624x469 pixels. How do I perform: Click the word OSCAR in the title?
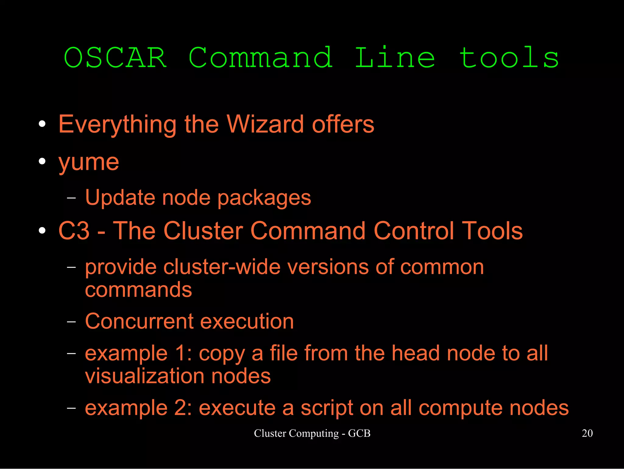(x=115, y=58)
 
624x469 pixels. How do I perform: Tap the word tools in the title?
(x=509, y=58)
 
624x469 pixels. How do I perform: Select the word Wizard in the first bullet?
(x=265, y=124)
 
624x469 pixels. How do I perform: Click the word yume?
(x=89, y=162)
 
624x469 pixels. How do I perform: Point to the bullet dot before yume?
(x=42, y=161)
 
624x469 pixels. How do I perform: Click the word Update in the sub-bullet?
(x=120, y=198)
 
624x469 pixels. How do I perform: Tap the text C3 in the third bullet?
(x=74, y=231)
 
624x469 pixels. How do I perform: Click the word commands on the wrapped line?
(x=138, y=290)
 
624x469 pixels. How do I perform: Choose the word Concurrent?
(x=139, y=321)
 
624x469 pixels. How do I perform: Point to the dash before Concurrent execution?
(x=71, y=322)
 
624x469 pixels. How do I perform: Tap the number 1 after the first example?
(x=181, y=353)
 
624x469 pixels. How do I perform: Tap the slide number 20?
(x=587, y=433)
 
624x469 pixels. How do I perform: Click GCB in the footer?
(x=359, y=433)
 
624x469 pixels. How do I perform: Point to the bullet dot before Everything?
(x=42, y=124)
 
